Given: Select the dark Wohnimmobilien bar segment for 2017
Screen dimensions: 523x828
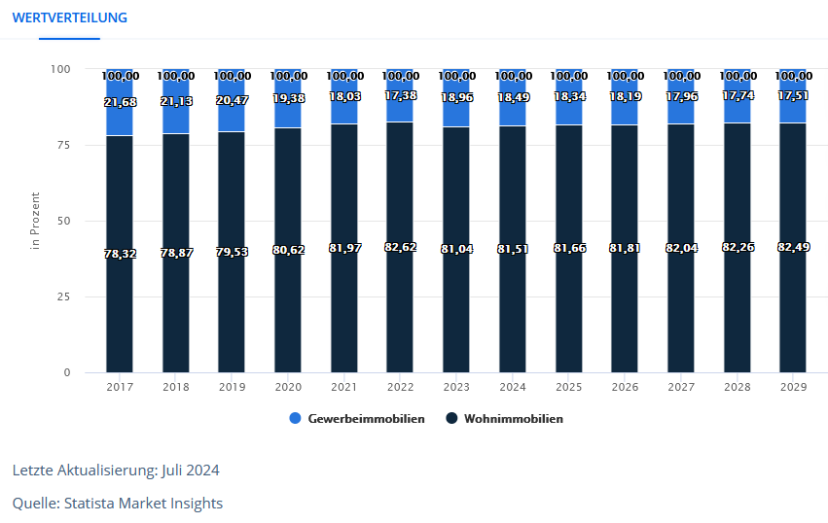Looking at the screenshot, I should coord(120,311).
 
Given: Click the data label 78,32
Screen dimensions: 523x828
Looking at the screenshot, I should coord(120,254).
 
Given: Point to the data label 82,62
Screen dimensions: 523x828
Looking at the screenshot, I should coord(400,248).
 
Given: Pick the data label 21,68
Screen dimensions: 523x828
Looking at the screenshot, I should coord(120,103).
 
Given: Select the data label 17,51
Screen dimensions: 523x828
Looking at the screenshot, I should coord(793,96).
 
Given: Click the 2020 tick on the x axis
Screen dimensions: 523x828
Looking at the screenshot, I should coord(288,387).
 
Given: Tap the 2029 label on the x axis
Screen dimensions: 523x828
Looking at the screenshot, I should coord(793,387).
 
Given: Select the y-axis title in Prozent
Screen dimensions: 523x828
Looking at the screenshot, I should coord(35,221).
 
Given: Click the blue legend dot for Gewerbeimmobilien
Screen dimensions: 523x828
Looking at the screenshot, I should coord(296,419).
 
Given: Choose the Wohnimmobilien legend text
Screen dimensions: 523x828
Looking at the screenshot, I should coord(513,419).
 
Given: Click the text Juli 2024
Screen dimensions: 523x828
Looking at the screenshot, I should coord(191,471).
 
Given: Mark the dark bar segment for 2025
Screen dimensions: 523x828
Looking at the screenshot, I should coord(568,311).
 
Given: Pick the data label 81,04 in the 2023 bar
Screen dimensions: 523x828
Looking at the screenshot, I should coord(456,250).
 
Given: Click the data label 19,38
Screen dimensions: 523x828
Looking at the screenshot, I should coord(288,99).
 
